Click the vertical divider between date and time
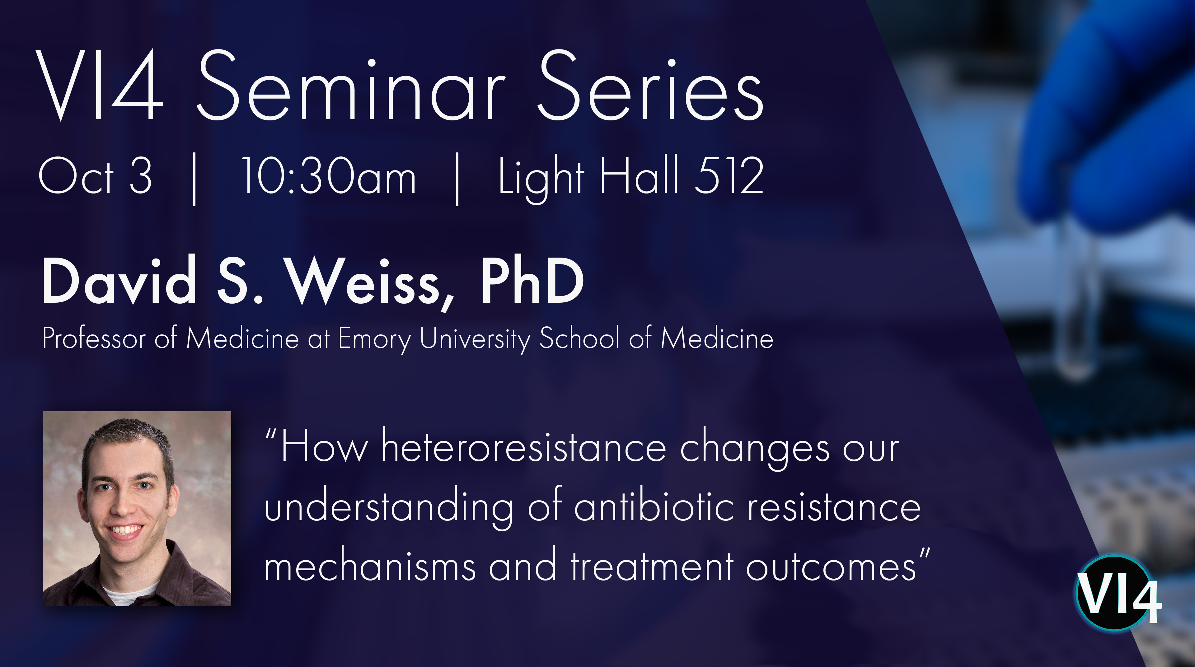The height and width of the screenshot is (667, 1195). coord(195,178)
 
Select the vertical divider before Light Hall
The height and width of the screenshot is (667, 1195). coord(457,178)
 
